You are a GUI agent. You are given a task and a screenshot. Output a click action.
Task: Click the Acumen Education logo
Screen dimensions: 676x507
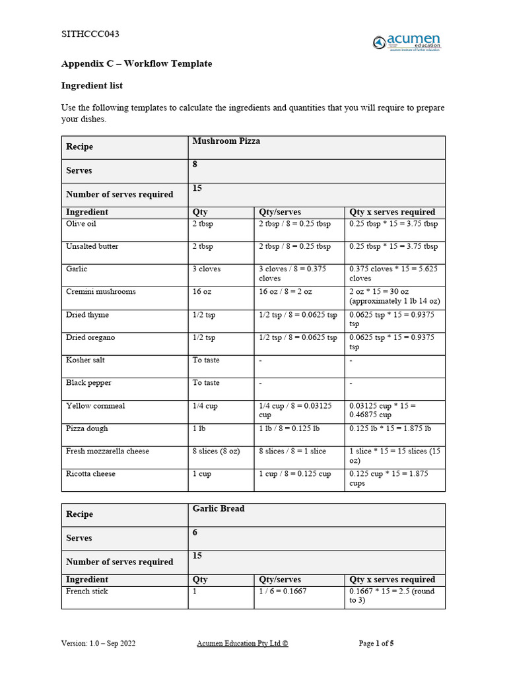point(407,42)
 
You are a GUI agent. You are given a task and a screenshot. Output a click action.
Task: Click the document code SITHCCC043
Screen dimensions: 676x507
point(90,34)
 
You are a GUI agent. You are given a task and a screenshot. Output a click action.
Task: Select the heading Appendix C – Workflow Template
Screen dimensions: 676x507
point(137,64)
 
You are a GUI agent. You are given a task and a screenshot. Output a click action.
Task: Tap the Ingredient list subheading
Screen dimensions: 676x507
point(92,86)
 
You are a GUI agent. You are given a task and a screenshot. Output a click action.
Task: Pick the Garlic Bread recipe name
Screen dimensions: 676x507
point(219,509)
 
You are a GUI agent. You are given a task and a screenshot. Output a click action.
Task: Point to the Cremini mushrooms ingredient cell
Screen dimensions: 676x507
point(101,292)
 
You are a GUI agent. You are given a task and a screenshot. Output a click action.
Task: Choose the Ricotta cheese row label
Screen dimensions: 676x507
point(90,474)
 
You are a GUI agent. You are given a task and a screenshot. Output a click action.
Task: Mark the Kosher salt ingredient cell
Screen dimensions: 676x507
point(85,360)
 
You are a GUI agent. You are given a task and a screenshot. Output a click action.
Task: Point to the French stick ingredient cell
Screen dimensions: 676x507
point(87,591)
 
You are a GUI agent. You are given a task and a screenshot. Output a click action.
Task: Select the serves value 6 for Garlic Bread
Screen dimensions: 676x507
point(195,533)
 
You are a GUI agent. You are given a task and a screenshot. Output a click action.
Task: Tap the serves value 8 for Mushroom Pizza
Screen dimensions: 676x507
point(195,165)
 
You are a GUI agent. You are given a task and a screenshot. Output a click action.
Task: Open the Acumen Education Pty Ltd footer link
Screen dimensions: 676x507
point(242,643)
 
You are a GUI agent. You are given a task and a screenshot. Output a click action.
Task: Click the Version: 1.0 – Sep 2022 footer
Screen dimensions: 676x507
point(98,643)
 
